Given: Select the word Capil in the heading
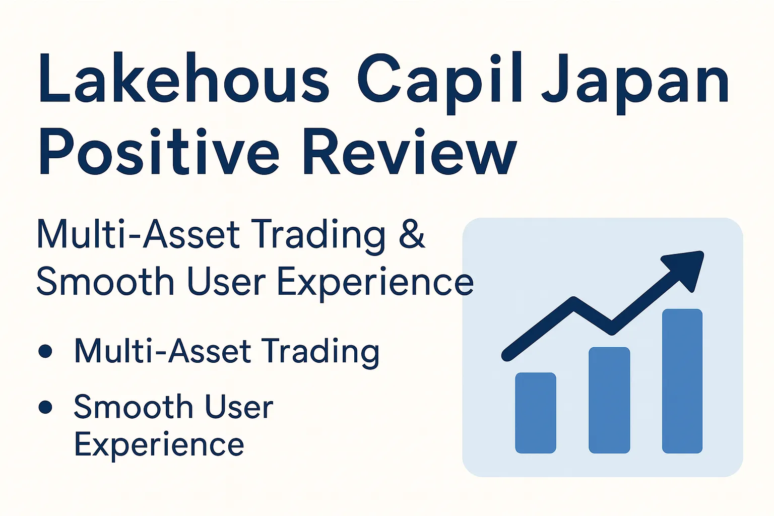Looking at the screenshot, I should click(440, 81).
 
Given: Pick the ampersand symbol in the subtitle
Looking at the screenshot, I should click(412, 234).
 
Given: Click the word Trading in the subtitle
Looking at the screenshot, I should click(319, 235).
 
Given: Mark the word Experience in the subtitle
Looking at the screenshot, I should click(375, 282).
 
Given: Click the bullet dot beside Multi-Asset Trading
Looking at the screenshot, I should click(45, 351).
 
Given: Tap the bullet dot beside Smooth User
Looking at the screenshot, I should click(45, 407).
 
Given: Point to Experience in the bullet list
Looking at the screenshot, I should click(159, 445).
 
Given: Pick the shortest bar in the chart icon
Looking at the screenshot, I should click(536, 413).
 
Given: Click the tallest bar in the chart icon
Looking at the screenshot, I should click(682, 381).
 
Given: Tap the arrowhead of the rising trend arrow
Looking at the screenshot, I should click(686, 267).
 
